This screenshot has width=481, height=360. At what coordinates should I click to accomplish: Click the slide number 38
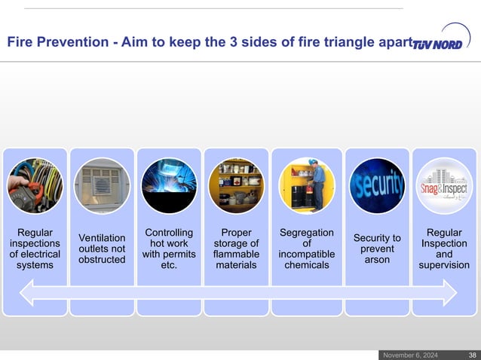pyautogui.click(x=471, y=355)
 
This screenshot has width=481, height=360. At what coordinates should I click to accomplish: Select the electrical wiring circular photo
pyautogui.click(x=35, y=185)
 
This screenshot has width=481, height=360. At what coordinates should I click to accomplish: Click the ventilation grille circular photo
pyautogui.click(x=103, y=185)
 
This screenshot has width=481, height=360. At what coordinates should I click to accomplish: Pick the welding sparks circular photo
pyautogui.click(x=169, y=185)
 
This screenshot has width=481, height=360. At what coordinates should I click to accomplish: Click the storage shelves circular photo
pyautogui.click(x=236, y=185)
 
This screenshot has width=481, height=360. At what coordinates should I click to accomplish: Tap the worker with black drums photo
pyautogui.click(x=306, y=185)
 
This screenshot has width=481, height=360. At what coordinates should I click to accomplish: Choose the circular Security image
pyautogui.click(x=377, y=185)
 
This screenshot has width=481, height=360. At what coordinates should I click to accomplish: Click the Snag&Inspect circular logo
pyautogui.click(x=444, y=185)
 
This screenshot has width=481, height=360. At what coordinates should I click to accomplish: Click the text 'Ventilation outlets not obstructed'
pyautogui.click(x=102, y=249)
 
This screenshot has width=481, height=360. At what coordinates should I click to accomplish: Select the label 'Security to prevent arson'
pyautogui.click(x=377, y=249)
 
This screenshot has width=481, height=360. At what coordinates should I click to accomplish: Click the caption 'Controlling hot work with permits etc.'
pyautogui.click(x=169, y=249)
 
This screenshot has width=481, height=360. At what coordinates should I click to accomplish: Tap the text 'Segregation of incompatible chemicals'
pyautogui.click(x=307, y=249)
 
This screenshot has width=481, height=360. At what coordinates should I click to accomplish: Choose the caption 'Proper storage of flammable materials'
pyautogui.click(x=236, y=249)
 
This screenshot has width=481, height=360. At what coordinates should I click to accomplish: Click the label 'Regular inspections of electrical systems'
pyautogui.click(x=35, y=249)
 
